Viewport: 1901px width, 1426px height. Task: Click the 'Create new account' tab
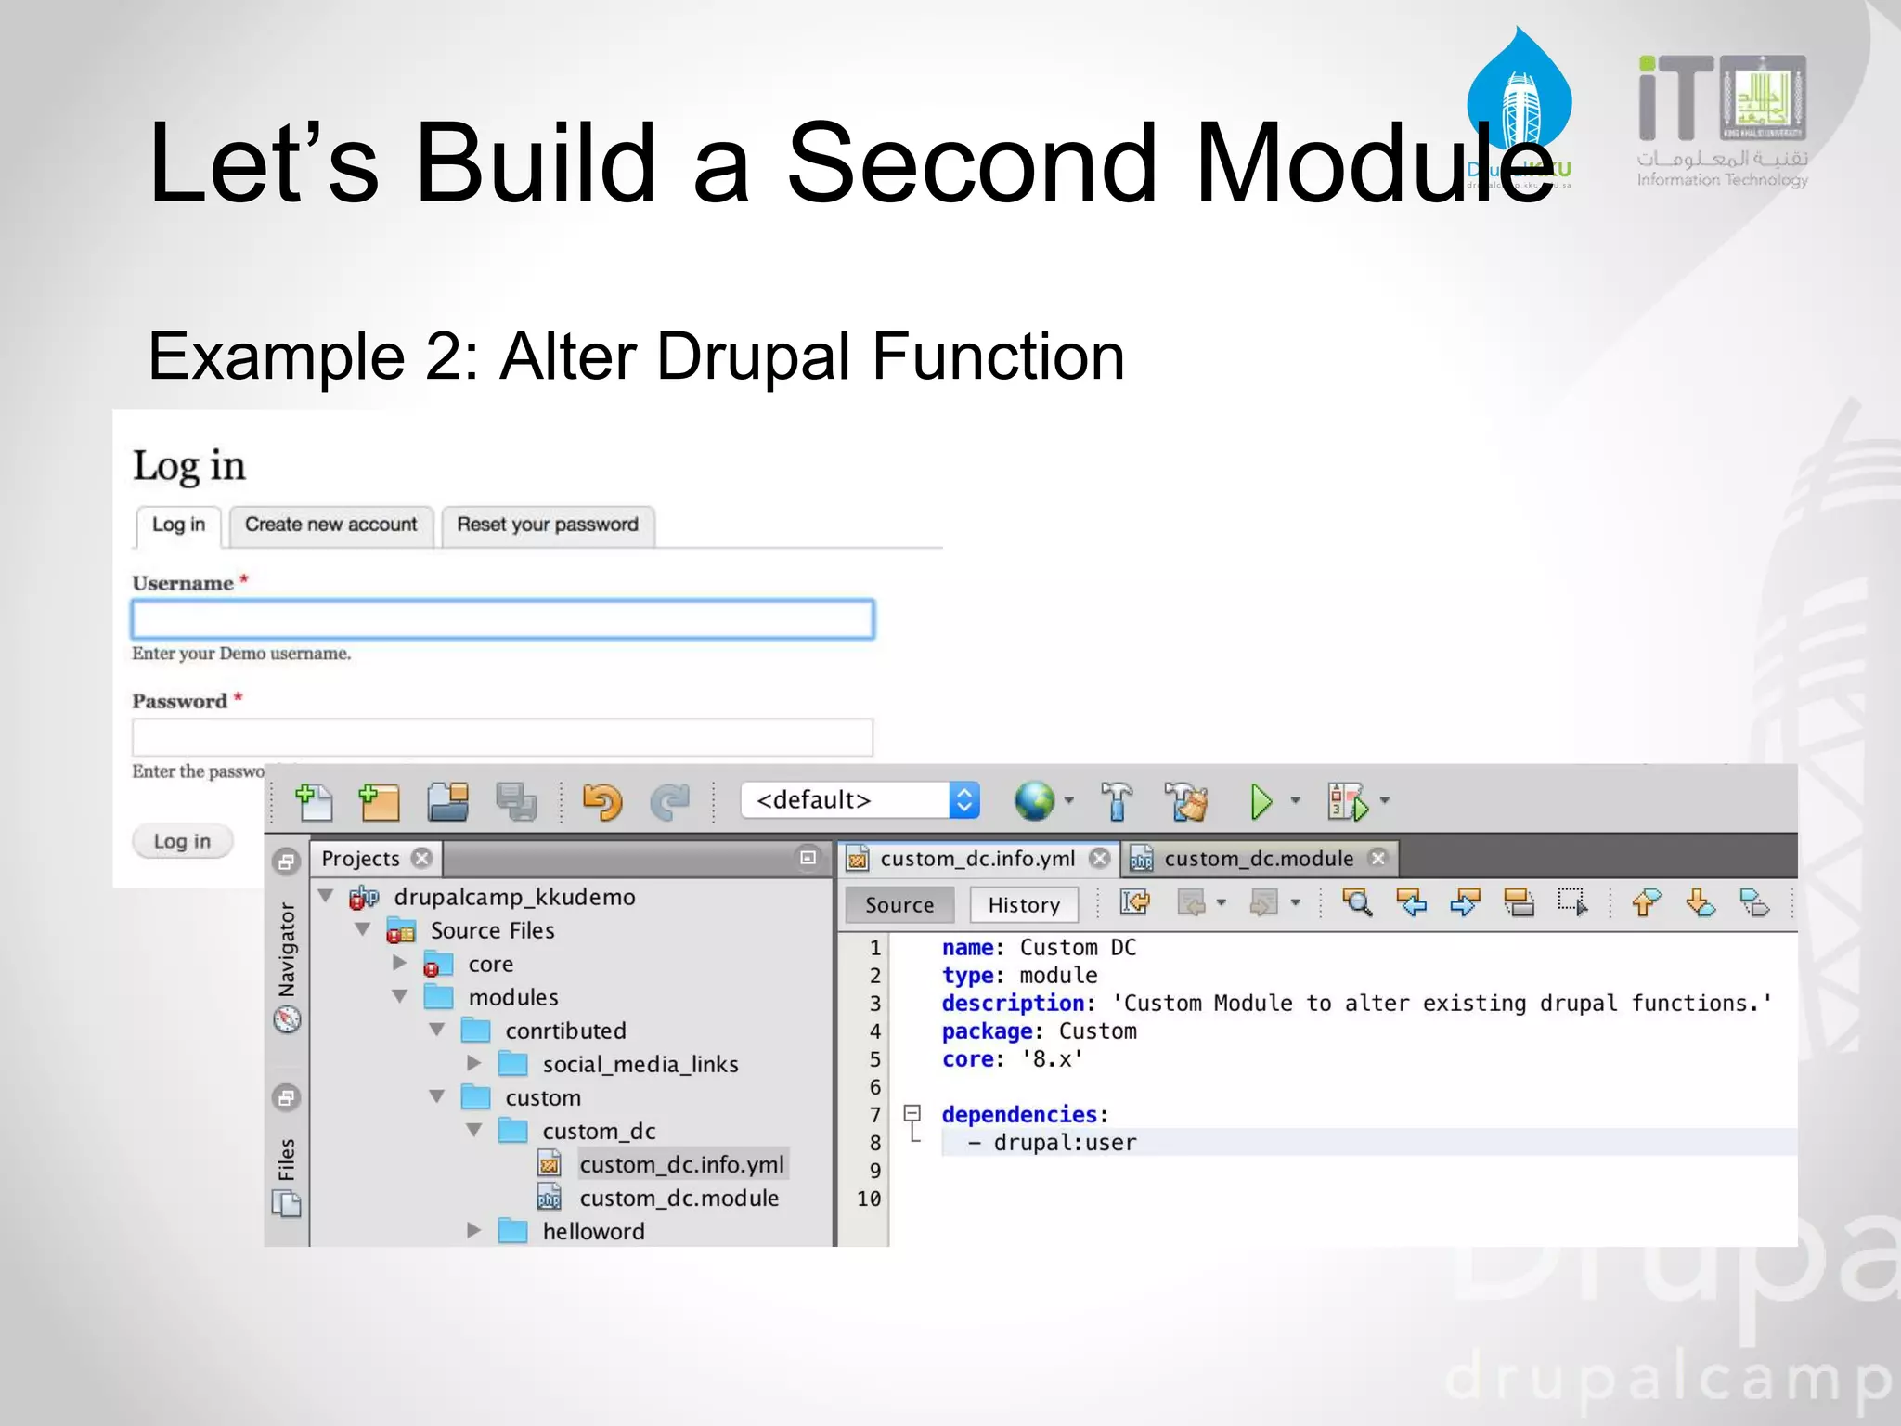pos(330,525)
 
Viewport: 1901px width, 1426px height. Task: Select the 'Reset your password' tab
pos(548,525)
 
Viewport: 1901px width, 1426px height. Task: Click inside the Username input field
pos(502,619)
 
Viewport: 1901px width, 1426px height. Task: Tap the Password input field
pos(502,737)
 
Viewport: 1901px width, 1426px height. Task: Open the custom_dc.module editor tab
pos(1258,859)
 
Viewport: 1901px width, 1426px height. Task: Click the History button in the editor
pos(1023,905)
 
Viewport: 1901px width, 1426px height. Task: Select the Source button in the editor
pos(899,905)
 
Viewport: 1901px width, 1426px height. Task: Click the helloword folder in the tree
pos(593,1231)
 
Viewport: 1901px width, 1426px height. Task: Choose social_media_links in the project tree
pos(640,1064)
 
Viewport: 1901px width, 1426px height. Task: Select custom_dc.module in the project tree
pos(679,1198)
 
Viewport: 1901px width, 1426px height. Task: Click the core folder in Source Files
pos(490,964)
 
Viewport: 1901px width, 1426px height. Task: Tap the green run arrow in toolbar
pos(1261,801)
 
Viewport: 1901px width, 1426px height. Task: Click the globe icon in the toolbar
pos(1034,801)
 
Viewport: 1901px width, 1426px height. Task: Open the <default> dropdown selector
pos(860,800)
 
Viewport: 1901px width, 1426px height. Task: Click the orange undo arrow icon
pos(601,801)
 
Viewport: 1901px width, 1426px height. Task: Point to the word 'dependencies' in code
pos(1019,1114)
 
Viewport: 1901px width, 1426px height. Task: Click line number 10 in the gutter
pos(869,1199)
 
